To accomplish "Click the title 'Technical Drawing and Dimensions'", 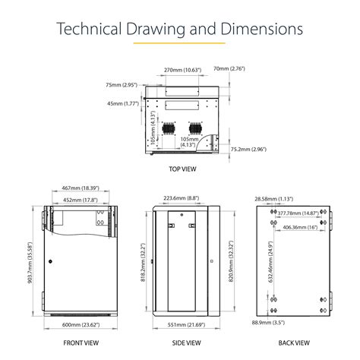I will pyautogui.click(x=180, y=30).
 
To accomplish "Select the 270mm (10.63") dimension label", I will pyautogui.click(x=183, y=70).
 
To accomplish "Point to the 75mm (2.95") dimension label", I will pyautogui.click(x=121, y=85).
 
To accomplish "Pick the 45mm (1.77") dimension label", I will pyautogui.click(x=121, y=104).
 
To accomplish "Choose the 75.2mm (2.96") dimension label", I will pyautogui.click(x=248, y=150).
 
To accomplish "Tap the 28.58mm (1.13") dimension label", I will pyautogui.click(x=273, y=198).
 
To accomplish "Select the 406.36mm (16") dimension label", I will pyautogui.click(x=299, y=226).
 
